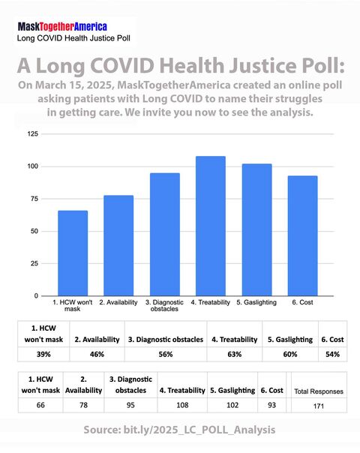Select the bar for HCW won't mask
tap(73, 253)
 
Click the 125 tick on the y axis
tap(32, 133)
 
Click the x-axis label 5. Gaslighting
tap(256, 301)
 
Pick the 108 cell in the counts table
tap(182, 405)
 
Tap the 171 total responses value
tap(318, 406)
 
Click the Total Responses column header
tap(318, 391)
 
